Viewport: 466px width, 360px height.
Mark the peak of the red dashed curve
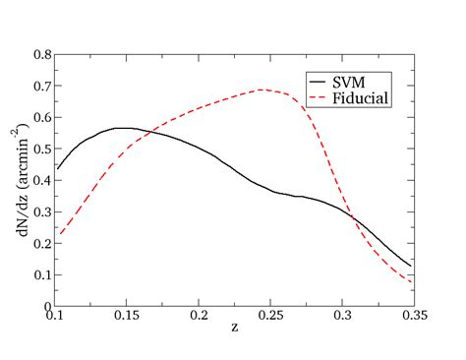coord(262,90)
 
